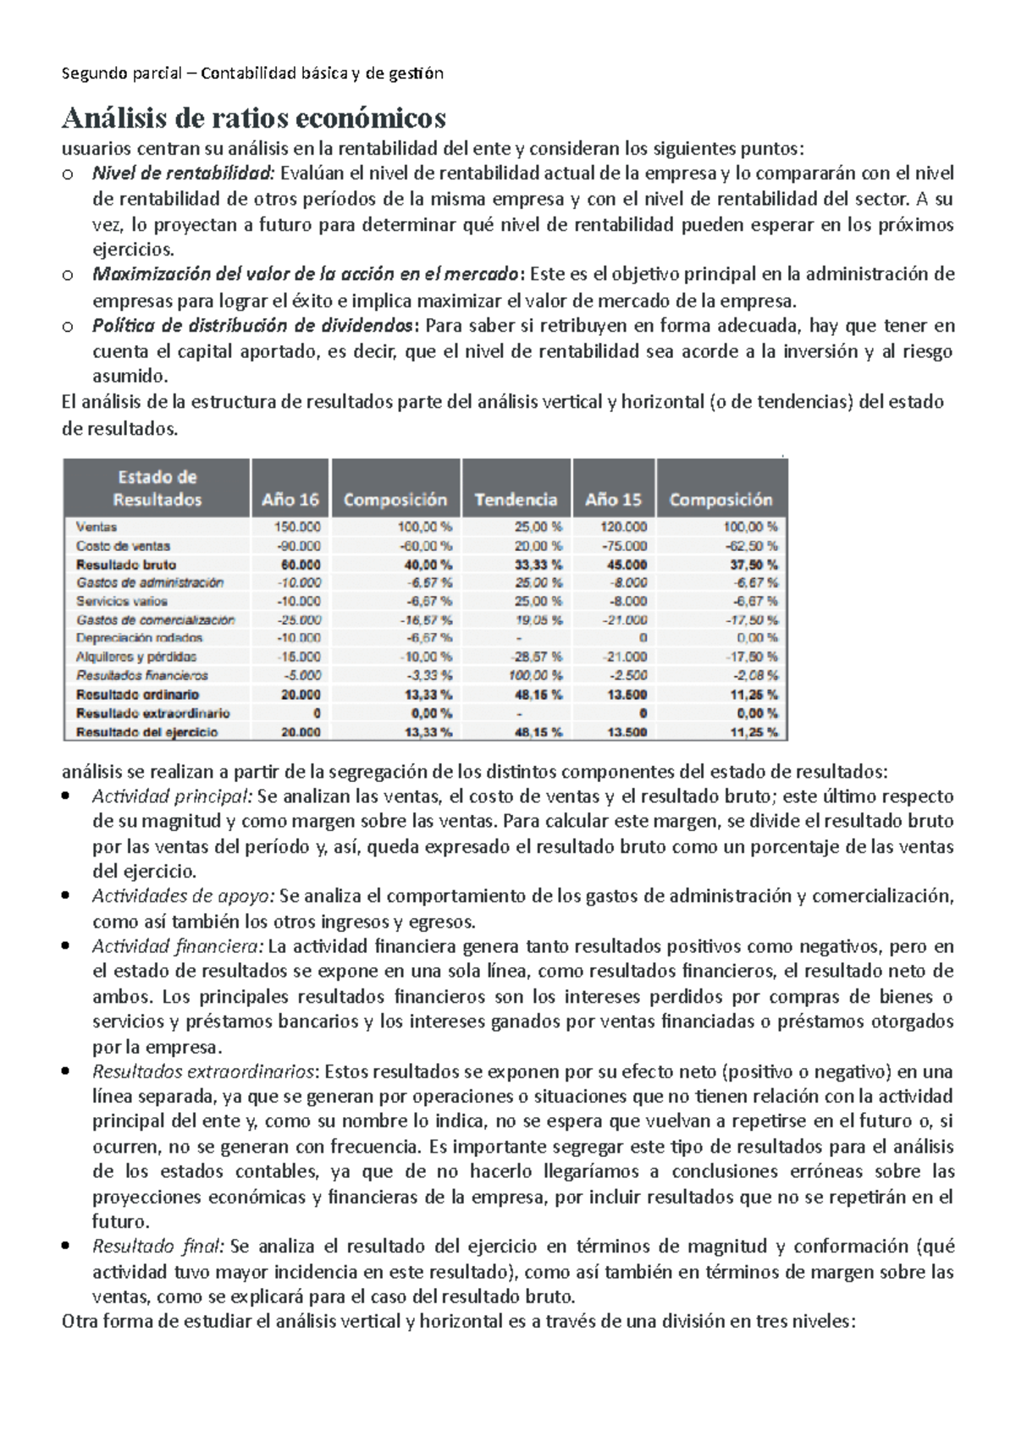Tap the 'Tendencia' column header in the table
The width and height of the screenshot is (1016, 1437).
click(516, 499)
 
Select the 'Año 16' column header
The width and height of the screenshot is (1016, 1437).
click(290, 499)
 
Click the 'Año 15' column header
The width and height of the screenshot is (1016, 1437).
click(613, 499)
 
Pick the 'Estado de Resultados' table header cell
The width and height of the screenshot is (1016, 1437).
click(157, 488)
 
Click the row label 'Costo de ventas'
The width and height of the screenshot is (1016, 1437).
click(123, 546)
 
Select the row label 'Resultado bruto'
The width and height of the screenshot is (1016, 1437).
click(126, 564)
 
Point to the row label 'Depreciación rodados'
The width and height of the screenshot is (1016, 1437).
click(139, 638)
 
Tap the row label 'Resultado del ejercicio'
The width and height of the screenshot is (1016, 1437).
click(146, 732)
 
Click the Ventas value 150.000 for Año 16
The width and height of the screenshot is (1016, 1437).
click(297, 527)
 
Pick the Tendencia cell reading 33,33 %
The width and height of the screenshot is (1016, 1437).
click(538, 564)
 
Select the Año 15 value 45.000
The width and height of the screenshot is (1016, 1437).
click(627, 564)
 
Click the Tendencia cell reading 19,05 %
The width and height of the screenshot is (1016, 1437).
click(538, 619)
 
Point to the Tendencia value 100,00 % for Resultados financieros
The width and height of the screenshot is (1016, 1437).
click(535, 675)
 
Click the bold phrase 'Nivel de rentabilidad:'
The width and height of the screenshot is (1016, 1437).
click(184, 173)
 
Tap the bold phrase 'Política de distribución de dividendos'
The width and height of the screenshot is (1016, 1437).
click(252, 326)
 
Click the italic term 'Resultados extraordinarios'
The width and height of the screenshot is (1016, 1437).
click(203, 1071)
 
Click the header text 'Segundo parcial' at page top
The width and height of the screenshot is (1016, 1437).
click(122, 73)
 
